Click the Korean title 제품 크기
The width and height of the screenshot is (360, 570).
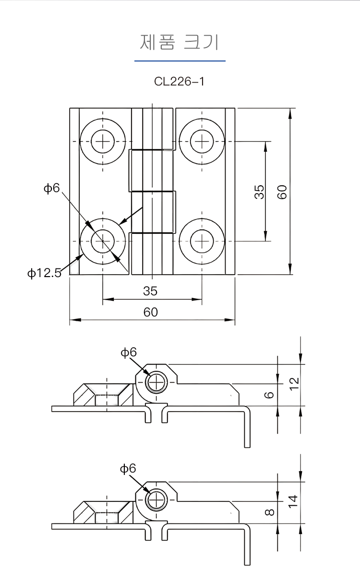coord(180,42)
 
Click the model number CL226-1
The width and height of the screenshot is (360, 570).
coord(179,81)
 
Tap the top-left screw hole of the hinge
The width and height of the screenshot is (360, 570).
coord(103,141)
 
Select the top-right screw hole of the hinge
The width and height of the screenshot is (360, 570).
coord(202,141)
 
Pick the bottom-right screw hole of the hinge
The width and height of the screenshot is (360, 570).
coord(202,241)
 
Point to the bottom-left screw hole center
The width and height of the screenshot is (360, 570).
coord(103,241)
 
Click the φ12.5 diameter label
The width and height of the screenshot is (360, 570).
coord(44,273)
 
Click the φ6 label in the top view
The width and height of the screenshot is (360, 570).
coord(51,188)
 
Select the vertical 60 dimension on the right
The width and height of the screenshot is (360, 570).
coord(282,192)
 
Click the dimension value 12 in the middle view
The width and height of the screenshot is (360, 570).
coord(294,382)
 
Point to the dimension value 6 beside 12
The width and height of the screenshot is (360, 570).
coord(270,395)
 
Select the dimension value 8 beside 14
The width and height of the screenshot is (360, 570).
coord(270,512)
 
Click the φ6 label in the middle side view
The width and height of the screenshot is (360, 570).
coord(129,352)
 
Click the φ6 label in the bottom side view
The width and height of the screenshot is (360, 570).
coord(128,468)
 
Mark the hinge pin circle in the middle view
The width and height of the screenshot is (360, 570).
coord(156,383)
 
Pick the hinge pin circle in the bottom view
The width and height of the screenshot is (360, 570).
coord(156,500)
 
